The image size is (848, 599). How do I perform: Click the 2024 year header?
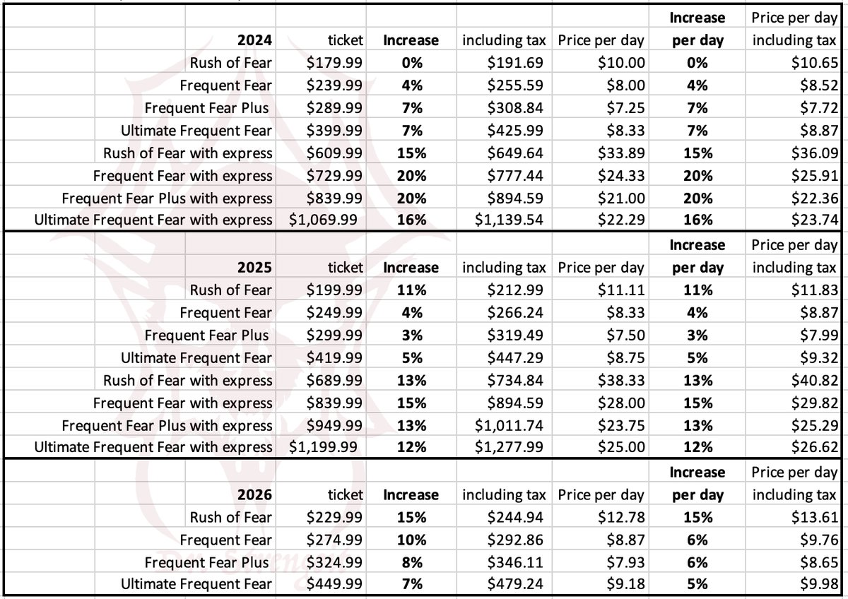254,40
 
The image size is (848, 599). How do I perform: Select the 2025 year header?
254,268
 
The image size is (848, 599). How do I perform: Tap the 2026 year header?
254,494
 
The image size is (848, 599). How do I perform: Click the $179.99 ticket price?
334,63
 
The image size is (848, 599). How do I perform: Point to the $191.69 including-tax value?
515,63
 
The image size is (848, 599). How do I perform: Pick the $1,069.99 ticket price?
323,220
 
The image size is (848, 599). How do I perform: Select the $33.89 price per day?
621,153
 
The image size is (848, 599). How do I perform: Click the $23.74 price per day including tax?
815,220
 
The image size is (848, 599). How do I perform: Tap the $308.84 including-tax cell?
515,108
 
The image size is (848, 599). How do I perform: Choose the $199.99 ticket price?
334,290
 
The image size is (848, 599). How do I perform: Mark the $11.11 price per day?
621,290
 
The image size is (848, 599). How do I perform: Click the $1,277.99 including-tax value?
509,447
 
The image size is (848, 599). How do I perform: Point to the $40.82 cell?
815,380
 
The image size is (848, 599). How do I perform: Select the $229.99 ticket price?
334,517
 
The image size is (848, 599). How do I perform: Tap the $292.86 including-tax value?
515,540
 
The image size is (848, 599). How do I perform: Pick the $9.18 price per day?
626,584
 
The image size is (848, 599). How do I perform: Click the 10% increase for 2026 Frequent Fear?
411,540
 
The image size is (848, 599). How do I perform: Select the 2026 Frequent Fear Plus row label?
206,563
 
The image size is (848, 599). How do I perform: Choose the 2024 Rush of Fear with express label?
188,153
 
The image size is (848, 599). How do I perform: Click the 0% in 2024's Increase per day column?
697,63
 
